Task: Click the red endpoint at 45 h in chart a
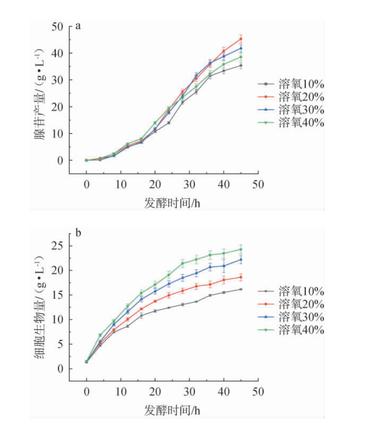(x=241, y=39)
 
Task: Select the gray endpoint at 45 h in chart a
(x=241, y=66)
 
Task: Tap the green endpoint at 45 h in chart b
(x=241, y=249)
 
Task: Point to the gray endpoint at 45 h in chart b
(x=241, y=289)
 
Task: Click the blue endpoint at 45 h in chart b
(x=241, y=260)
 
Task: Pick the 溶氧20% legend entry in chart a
(x=291, y=97)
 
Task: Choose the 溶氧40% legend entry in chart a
(x=291, y=123)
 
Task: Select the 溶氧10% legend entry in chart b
(x=291, y=291)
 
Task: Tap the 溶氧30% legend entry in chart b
(x=291, y=317)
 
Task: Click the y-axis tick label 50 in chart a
(x=57, y=27)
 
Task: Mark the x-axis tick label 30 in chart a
(x=189, y=185)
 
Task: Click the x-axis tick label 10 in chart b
(x=121, y=392)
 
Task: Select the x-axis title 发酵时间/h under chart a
(x=172, y=203)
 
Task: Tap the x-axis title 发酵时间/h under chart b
(x=172, y=410)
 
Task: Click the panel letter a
(x=78, y=26)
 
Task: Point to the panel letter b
(x=78, y=233)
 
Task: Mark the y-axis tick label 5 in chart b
(x=60, y=344)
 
